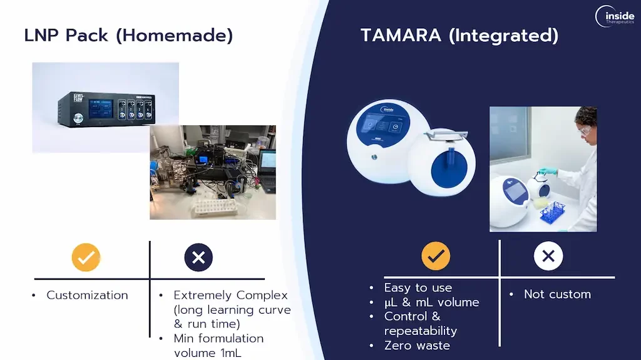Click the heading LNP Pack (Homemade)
click(128, 35)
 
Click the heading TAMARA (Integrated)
click(459, 35)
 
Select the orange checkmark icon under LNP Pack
click(86, 257)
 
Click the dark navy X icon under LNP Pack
click(198, 257)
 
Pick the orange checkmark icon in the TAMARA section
click(436, 255)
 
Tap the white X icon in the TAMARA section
click(548, 255)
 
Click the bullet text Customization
click(87, 295)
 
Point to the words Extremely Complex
click(230, 295)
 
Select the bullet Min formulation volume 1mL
click(218, 345)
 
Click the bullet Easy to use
click(418, 288)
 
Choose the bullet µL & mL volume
click(431, 302)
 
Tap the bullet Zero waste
click(417, 346)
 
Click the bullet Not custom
click(557, 294)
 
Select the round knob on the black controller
click(79, 118)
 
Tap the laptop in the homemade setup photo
click(267, 167)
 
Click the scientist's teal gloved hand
click(548, 171)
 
